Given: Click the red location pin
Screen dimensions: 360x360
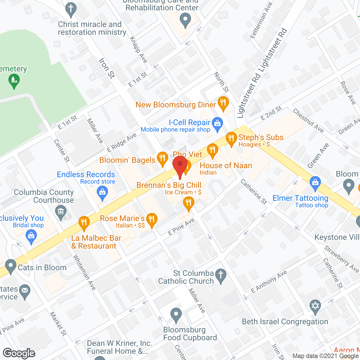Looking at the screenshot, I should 180,166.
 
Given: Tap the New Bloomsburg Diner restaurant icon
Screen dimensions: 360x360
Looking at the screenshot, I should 223,103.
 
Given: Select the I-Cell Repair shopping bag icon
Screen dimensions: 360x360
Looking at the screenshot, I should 217,123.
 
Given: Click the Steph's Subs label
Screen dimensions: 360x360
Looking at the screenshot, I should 261,137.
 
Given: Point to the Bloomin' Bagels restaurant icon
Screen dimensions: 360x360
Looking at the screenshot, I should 162,159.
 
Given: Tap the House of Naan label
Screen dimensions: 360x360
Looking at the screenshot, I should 226,165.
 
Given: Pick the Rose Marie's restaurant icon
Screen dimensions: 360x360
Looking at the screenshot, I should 152,219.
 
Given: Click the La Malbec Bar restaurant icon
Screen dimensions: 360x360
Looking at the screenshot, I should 84,223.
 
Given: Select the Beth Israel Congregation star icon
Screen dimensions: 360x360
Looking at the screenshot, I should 315,306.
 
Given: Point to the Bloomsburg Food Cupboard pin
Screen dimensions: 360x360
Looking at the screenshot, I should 176,315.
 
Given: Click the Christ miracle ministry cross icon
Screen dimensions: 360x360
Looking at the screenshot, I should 71,9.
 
